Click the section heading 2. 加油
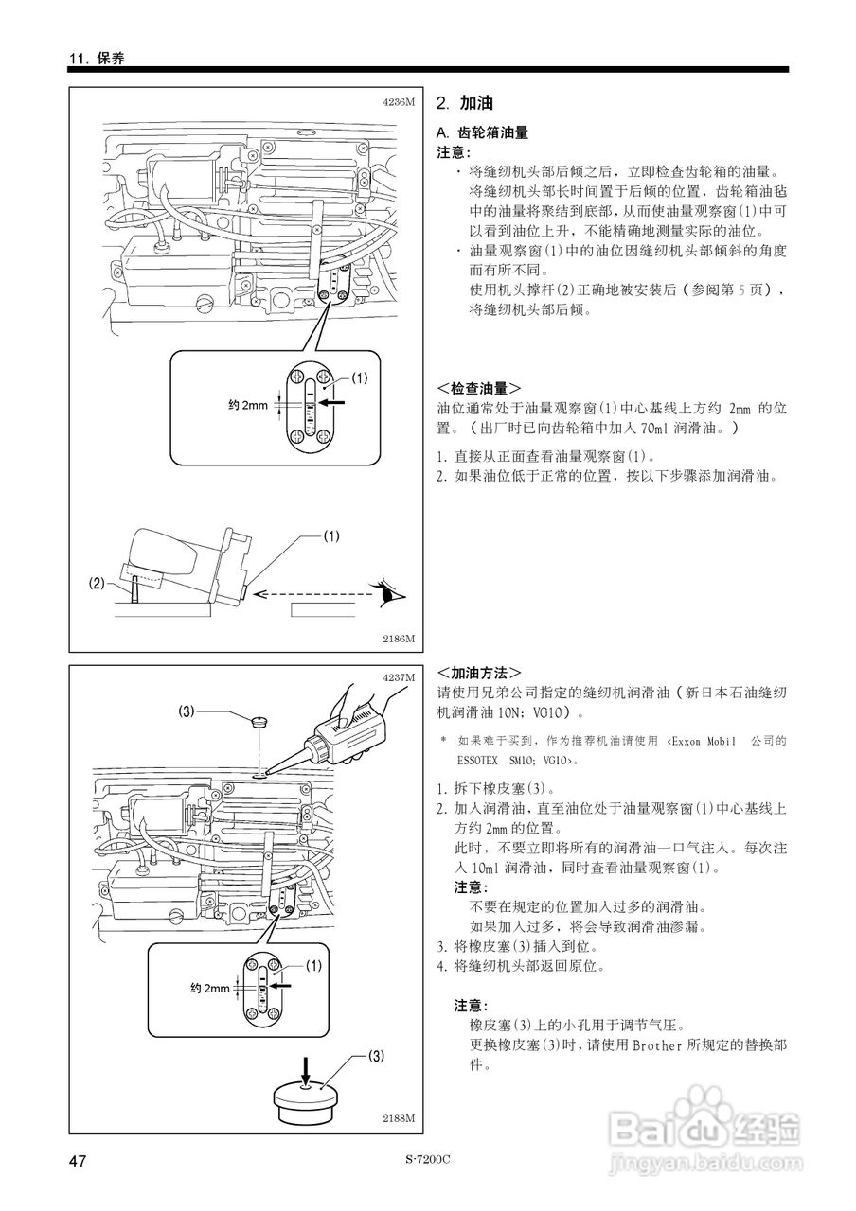point(464,103)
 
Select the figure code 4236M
point(399,101)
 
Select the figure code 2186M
point(399,639)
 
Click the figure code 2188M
point(399,1118)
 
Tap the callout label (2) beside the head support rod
point(98,584)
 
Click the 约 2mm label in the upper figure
point(248,404)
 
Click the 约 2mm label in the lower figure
point(209,989)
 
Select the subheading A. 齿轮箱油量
point(481,133)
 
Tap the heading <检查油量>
point(479,389)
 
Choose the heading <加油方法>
point(479,673)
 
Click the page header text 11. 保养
point(97,58)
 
